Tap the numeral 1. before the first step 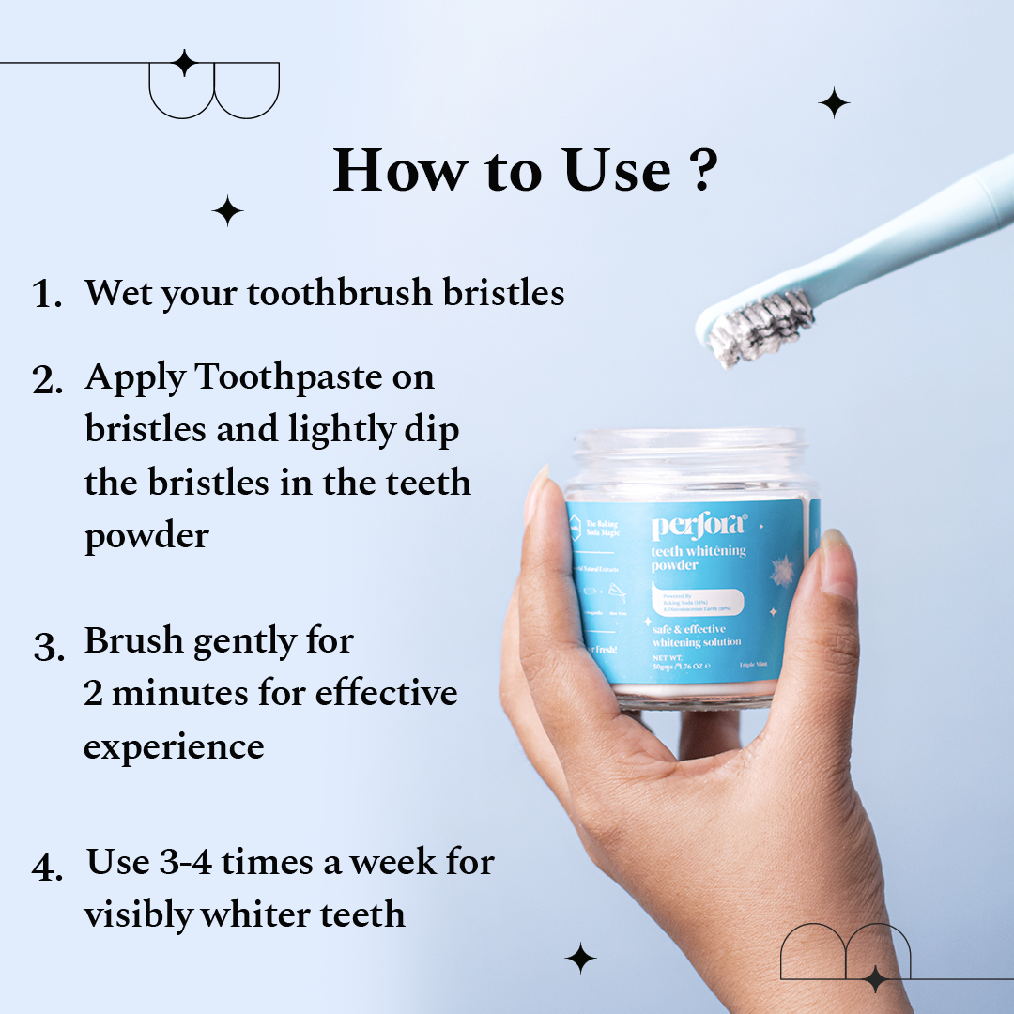46,295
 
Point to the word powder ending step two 146,536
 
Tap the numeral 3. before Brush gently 48,646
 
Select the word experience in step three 174,747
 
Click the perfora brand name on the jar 698,526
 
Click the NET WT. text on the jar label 673,657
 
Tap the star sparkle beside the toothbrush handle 833,101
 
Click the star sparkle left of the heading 227,210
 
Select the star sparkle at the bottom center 580,958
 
